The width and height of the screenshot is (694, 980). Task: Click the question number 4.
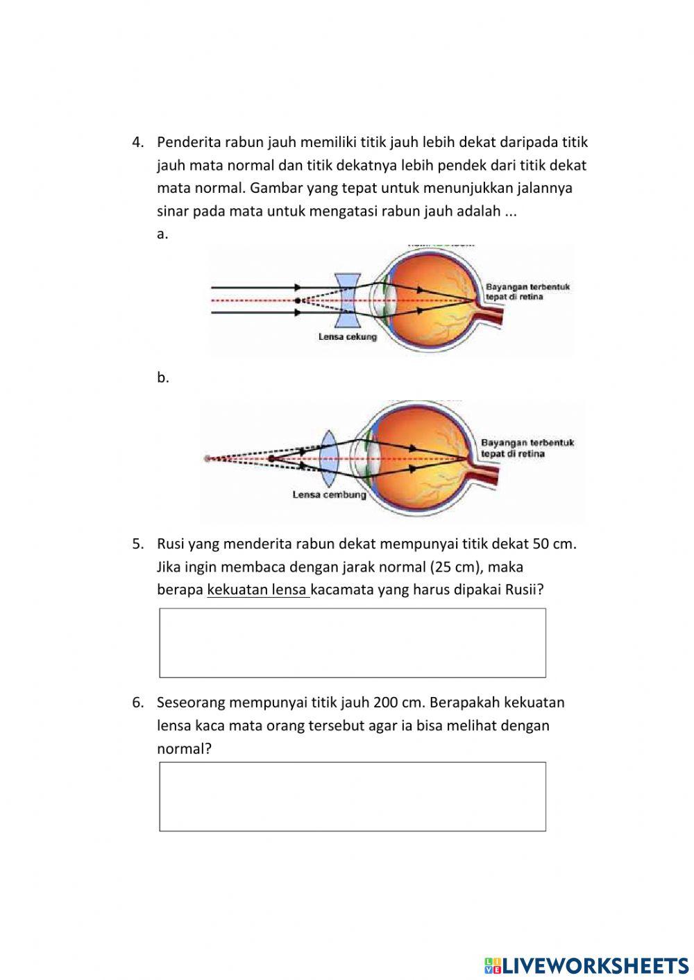coord(137,142)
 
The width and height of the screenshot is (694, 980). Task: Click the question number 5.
coord(137,544)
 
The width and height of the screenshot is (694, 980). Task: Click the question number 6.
coord(137,703)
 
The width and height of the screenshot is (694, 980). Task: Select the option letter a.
coord(162,234)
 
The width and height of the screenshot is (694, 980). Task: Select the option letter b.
coord(163,378)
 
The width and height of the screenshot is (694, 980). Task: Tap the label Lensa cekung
coord(347,337)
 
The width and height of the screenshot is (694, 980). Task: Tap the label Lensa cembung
coord(329,495)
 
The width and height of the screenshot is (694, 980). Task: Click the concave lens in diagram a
coord(346,300)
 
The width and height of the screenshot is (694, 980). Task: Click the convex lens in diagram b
coord(329,458)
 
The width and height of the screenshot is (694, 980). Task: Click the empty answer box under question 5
coord(353,643)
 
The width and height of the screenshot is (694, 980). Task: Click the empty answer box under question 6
coord(353,796)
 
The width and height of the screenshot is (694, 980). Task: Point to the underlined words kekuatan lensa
coord(257,590)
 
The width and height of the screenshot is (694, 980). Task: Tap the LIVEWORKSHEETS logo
coord(586,965)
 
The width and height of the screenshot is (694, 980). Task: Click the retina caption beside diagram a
coord(527,292)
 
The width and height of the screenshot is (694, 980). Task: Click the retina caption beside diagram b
coord(527,448)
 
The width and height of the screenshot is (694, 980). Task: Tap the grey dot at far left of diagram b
coord(207,458)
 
